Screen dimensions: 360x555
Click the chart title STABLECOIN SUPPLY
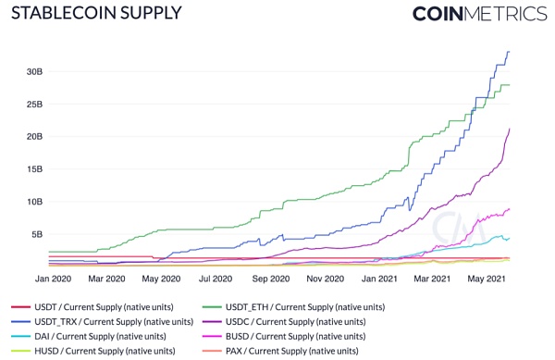pyautogui.click(x=95, y=14)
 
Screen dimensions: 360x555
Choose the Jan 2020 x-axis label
pyautogui.click(x=54, y=278)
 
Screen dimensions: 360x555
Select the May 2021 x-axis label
pyautogui.click(x=487, y=278)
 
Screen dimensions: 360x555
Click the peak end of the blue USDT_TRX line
pyautogui.click(x=509, y=52)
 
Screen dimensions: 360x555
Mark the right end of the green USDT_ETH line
pyautogui.click(x=510, y=85)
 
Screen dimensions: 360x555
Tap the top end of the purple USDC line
pyautogui.click(x=510, y=129)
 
